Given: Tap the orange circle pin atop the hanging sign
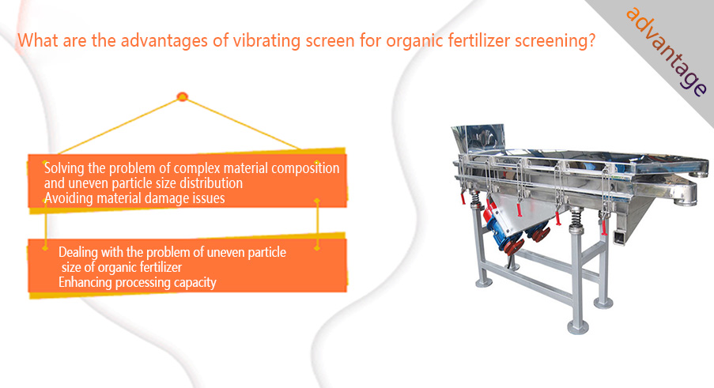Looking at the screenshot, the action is pos(182,96).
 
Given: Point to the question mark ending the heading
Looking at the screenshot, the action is pos(591,40).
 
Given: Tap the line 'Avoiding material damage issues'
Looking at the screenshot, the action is pos(134,198).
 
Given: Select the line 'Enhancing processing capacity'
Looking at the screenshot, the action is pos(137,282).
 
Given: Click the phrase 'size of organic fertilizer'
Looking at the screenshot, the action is pos(122,267).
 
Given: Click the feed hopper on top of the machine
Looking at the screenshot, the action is pos(478,139).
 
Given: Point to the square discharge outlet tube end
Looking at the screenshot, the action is pos(620,237).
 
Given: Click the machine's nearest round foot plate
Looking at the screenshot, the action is pos(578,326).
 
